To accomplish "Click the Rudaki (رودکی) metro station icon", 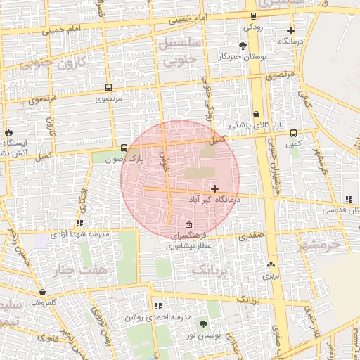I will [x=252, y=15].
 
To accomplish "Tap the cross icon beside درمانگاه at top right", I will [x=290, y=30].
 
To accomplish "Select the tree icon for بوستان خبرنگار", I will [x=243, y=45].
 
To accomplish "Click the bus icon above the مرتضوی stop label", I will [x=108, y=88].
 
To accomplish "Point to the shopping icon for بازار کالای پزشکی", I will [x=256, y=114].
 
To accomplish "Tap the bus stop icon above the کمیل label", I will [x=293, y=133].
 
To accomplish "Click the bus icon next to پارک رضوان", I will [x=124, y=148].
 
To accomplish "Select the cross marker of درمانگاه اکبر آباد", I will [x=214, y=188].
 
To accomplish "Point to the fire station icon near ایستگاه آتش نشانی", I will [x=8, y=133].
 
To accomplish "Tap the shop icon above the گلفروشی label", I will [x=43, y=292].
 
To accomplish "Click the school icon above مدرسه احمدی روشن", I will [x=157, y=307].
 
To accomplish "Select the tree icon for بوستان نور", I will [x=203, y=324].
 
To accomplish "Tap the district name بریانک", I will [x=211, y=270].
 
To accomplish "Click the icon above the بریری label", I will [x=271, y=266].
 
